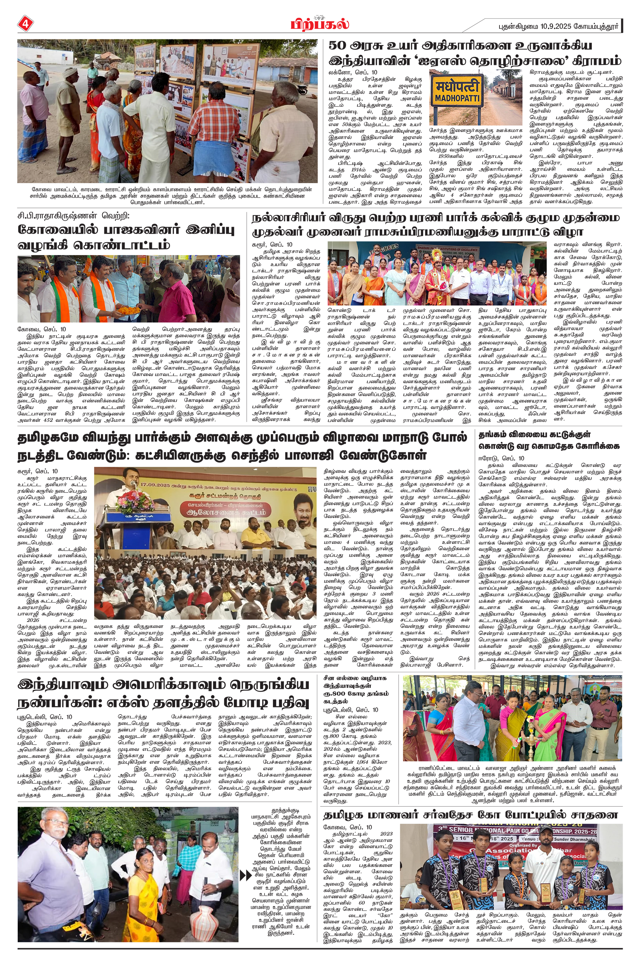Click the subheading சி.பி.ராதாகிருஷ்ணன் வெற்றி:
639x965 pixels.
point(73,216)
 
